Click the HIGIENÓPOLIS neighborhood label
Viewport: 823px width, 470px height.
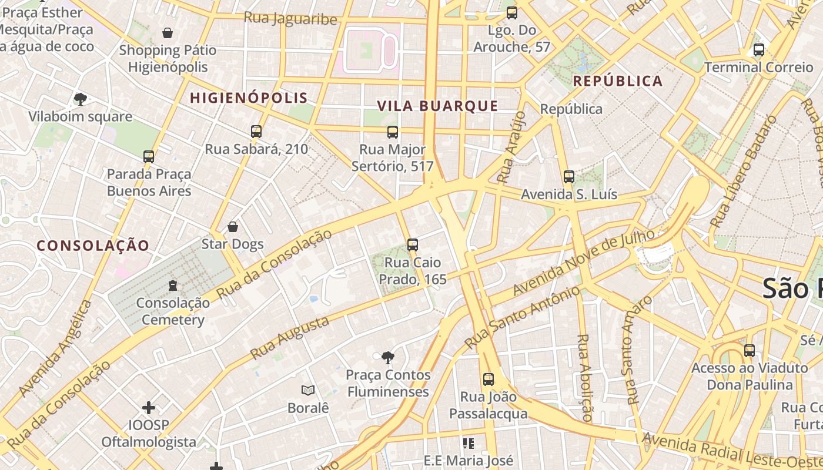tap(249, 98)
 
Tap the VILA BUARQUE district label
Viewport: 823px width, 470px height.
tap(437, 106)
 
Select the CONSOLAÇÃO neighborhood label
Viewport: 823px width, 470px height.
tap(93, 246)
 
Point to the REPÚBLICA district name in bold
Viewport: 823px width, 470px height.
tap(618, 81)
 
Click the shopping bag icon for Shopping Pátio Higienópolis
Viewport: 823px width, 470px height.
tap(168, 33)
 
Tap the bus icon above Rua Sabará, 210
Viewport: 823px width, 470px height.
tap(256, 132)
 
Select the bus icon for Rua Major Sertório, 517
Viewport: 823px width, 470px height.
tap(393, 132)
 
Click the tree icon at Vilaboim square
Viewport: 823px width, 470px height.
tap(81, 99)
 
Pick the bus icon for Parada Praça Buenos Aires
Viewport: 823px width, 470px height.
tap(149, 157)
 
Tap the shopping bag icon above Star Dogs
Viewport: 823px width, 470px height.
tap(233, 227)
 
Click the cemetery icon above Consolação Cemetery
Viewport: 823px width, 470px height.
tap(173, 286)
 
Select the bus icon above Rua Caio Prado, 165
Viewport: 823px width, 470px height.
tap(413, 245)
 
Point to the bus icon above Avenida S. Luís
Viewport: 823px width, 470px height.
tap(568, 177)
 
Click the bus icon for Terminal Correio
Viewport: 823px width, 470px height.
tap(759, 50)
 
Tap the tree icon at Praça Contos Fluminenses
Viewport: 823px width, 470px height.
tap(387, 357)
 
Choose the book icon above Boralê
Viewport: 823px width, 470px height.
tap(307, 390)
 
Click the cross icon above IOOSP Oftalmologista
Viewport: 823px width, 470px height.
tap(149, 407)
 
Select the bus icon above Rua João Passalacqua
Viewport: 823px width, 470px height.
tap(488, 380)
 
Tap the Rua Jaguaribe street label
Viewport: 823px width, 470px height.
tap(290, 18)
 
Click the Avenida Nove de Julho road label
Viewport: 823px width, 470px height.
tap(583, 263)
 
